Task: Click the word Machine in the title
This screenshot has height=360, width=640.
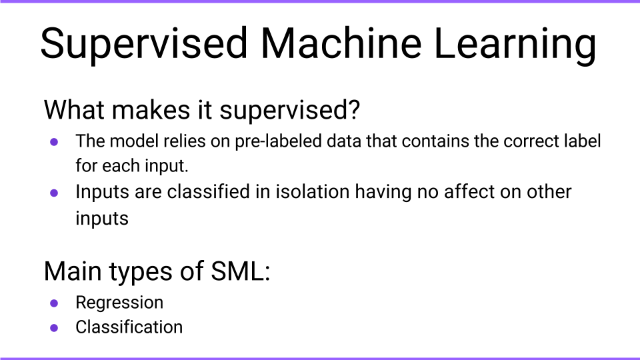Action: click(341, 43)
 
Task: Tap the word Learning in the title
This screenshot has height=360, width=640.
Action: click(515, 45)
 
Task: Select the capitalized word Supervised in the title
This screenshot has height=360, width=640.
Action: click(144, 45)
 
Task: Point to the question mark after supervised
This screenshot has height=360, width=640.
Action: click(353, 109)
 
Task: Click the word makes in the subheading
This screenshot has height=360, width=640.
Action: click(151, 109)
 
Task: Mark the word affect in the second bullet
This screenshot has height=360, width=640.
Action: click(469, 191)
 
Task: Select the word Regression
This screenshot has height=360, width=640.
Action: click(119, 303)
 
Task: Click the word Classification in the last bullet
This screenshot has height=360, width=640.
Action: click(129, 327)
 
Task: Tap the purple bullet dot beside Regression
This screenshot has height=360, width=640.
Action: click(54, 303)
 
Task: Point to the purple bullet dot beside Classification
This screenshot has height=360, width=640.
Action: click(54, 328)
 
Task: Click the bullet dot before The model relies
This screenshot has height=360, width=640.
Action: click(54, 142)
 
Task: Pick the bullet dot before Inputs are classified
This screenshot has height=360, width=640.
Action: click(54, 193)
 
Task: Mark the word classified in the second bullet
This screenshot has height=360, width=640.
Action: click(208, 191)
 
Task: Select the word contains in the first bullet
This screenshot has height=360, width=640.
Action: click(435, 141)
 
